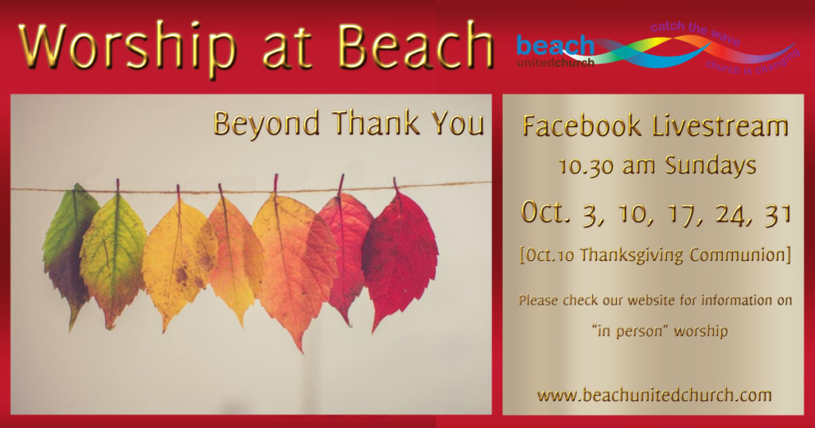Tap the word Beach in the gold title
[x=415, y=45]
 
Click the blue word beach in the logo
[x=555, y=45]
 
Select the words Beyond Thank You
[x=349, y=123]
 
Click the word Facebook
[x=582, y=126]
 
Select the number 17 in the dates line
[x=677, y=214]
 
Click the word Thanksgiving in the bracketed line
[x=631, y=255]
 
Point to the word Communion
[x=738, y=255]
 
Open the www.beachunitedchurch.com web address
[x=654, y=395]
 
